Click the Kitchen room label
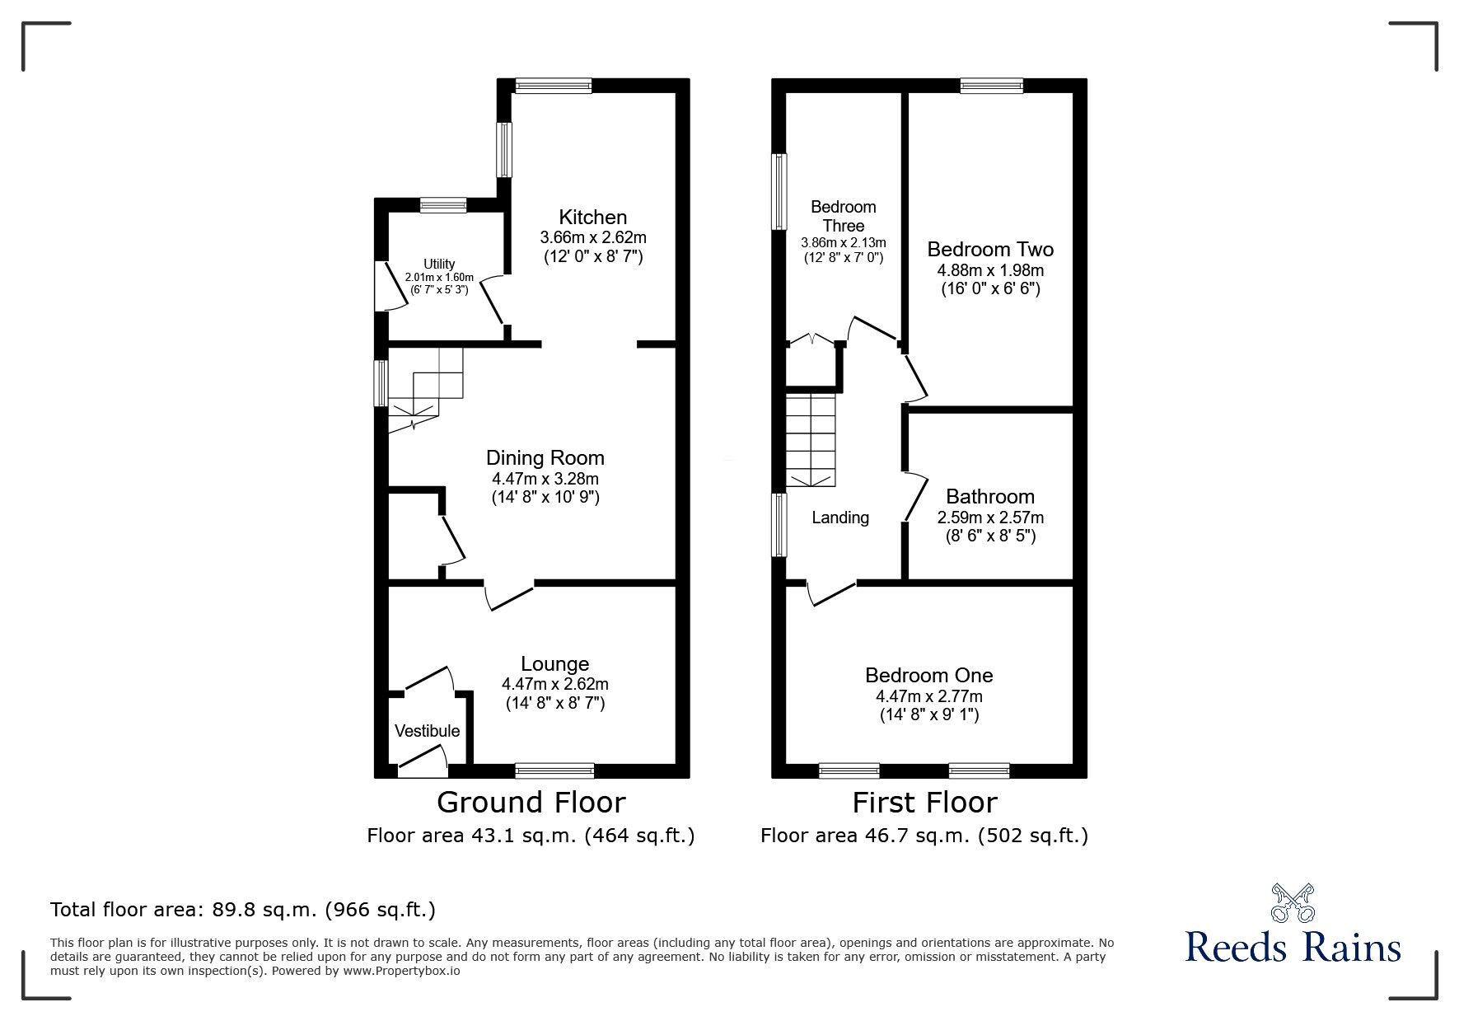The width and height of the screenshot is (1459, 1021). coord(592,218)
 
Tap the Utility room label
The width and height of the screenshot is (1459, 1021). coord(439,265)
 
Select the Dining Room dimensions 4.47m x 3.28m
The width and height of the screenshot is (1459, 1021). coord(545,479)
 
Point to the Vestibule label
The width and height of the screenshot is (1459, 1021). coord(427,731)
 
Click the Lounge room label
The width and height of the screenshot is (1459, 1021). coord(554,664)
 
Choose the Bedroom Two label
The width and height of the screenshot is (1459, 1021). coord(990,250)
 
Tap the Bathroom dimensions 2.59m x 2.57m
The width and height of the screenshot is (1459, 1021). coord(990,518)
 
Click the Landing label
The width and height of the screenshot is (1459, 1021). coord(840,518)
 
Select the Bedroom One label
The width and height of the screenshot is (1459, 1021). coord(928,676)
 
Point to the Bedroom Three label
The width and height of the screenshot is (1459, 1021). coord(843,216)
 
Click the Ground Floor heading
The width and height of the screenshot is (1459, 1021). coord(531,802)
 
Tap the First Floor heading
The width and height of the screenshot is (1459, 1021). coord(924,802)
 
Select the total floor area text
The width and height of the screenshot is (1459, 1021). coord(243,910)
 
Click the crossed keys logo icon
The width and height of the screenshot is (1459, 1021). coord(1292,904)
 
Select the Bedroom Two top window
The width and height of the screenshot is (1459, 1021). coord(991,85)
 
